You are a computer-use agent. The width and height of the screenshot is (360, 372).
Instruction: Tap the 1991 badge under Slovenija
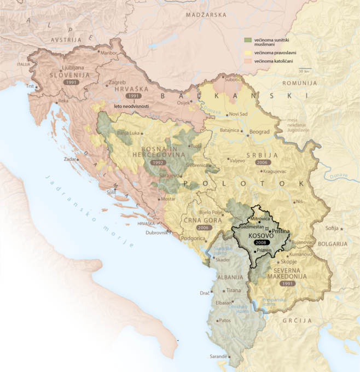tap(71, 82)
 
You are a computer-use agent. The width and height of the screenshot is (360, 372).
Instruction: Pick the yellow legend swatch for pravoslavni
tap(247, 53)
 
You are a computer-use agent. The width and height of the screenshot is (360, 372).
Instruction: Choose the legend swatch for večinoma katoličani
tap(247, 62)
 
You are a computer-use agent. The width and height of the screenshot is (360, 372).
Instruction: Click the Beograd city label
tap(260, 132)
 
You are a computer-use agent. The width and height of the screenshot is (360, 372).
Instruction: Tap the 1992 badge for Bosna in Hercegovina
tap(142, 162)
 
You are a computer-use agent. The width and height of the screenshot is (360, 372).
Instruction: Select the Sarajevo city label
tap(169, 176)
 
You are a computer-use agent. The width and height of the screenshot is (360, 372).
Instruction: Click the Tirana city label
tap(234, 290)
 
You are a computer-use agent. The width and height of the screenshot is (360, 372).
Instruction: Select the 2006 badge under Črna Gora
tap(203, 227)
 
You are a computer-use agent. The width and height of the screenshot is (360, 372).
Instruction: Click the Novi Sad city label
tap(238, 114)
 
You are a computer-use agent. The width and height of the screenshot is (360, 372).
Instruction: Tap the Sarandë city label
tap(219, 356)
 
